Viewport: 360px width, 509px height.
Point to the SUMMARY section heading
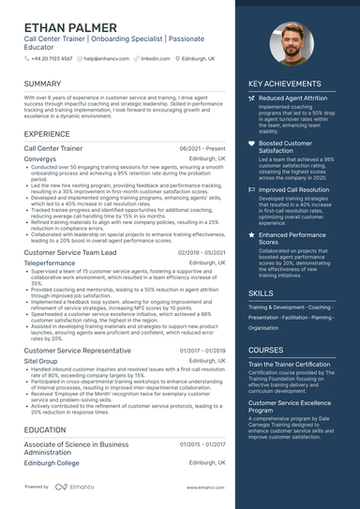(42, 84)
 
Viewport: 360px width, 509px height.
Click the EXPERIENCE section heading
(47, 135)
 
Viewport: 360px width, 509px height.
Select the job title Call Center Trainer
(58, 149)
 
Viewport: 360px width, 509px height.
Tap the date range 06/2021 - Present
(202, 149)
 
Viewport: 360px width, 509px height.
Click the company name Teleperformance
(51, 264)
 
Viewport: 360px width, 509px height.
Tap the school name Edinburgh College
(52, 463)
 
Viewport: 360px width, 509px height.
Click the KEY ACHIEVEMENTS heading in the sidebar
(285, 84)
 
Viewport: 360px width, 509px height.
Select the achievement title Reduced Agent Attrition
(292, 97)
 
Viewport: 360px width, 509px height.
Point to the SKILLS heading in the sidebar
(262, 293)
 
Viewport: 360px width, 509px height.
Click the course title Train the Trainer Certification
(289, 364)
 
